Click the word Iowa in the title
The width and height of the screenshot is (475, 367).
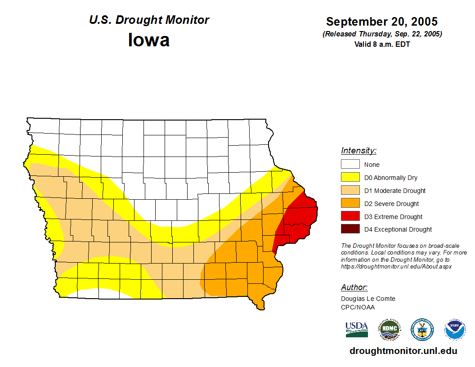click(149, 40)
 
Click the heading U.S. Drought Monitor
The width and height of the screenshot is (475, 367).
click(149, 20)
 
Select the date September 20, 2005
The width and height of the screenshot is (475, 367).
click(382, 22)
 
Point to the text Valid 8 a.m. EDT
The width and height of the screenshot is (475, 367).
click(382, 44)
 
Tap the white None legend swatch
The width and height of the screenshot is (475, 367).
click(350, 165)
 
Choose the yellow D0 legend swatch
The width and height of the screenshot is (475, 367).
click(350, 178)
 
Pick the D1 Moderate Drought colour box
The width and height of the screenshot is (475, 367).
click(350, 191)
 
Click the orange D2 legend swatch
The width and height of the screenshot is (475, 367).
click(350, 204)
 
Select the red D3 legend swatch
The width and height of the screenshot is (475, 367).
click(350, 217)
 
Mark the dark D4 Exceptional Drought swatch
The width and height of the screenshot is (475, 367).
click(350, 229)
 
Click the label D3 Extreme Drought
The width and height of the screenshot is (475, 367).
click(393, 217)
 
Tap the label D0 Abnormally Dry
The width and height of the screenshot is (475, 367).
click(390, 178)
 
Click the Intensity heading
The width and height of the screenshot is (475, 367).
click(358, 151)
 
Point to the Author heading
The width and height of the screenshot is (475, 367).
click(354, 287)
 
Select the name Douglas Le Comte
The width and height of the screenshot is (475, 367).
click(368, 299)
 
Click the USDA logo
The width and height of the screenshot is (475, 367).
click(357, 330)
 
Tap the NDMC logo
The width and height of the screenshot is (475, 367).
click(389, 330)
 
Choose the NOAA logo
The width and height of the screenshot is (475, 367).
click(455, 330)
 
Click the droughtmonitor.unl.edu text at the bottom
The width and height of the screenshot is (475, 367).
click(403, 351)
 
